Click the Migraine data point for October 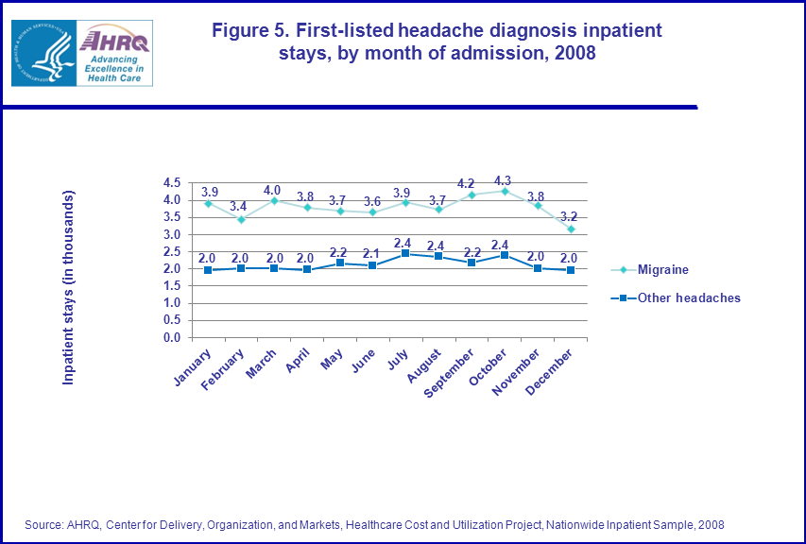pos(505,191)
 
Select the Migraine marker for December pos(571,229)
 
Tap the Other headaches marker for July pos(405,253)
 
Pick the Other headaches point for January pos(207,270)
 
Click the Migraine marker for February pos(240,219)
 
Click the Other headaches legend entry pos(688,297)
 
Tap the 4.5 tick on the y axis pos(172,182)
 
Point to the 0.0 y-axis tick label pos(172,337)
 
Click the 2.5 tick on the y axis pos(172,251)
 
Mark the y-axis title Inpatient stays pos(68,287)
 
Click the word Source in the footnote pos(43,524)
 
